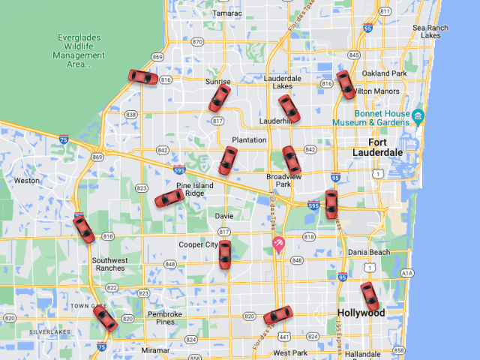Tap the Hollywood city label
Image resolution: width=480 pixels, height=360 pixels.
click(x=360, y=313)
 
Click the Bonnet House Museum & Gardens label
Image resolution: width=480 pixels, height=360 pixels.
click(x=372, y=118)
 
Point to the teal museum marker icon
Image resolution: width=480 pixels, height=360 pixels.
click(x=418, y=116)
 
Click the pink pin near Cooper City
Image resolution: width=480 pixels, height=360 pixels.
click(x=278, y=244)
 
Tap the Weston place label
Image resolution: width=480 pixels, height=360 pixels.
click(x=26, y=180)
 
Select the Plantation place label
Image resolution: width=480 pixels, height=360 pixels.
click(x=249, y=140)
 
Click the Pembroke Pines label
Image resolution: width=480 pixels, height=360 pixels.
click(x=165, y=318)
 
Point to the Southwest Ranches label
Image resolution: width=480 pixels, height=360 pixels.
click(x=109, y=264)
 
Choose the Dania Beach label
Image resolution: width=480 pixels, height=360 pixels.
click(x=368, y=253)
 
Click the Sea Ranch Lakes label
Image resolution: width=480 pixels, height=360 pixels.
click(x=430, y=31)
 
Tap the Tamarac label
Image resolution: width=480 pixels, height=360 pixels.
click(x=227, y=13)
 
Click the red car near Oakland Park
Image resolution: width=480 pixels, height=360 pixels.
click(x=346, y=85)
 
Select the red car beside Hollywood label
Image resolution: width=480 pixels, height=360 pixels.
click(x=370, y=296)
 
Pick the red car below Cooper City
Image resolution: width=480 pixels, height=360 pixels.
click(x=224, y=254)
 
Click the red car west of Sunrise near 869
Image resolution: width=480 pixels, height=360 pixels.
click(x=142, y=77)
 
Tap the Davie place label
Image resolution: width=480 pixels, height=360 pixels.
click(x=224, y=216)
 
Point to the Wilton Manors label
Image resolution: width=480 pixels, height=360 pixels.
click(x=373, y=91)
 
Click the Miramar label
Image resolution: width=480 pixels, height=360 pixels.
click(x=155, y=350)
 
